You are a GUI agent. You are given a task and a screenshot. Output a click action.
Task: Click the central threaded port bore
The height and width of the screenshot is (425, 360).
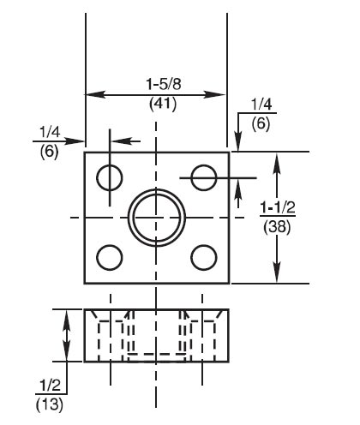pyautogui.click(x=156, y=217)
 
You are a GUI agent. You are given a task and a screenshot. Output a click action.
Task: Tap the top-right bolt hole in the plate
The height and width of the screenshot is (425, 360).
pyautogui.click(x=203, y=177)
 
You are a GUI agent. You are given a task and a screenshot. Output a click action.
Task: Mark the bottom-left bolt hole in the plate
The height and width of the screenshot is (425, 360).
pyautogui.click(x=109, y=256)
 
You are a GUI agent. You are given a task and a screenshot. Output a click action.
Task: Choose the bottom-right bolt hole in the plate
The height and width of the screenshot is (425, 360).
pyautogui.click(x=203, y=256)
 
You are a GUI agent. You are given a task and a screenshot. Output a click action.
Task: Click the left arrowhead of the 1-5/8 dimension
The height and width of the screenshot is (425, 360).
pyautogui.click(x=90, y=94)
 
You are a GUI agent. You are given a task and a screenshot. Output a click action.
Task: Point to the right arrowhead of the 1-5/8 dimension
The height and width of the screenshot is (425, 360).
pyautogui.click(x=222, y=94)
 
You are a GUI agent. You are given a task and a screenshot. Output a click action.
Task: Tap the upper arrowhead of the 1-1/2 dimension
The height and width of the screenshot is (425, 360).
pyautogui.click(x=276, y=159)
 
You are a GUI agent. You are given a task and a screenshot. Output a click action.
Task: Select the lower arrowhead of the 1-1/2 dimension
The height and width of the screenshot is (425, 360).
pyautogui.click(x=276, y=276)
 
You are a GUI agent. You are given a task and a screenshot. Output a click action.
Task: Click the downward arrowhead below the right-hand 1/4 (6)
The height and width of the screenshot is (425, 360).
pyautogui.click(x=237, y=146)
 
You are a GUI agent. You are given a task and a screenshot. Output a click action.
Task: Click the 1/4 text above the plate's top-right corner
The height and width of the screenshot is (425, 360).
pyautogui.click(x=259, y=104)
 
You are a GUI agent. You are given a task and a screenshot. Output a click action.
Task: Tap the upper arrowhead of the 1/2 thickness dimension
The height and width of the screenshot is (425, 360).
pyautogui.click(x=67, y=316)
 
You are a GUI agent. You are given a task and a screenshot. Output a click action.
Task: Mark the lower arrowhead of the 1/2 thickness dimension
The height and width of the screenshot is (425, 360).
pyautogui.click(x=67, y=356)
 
